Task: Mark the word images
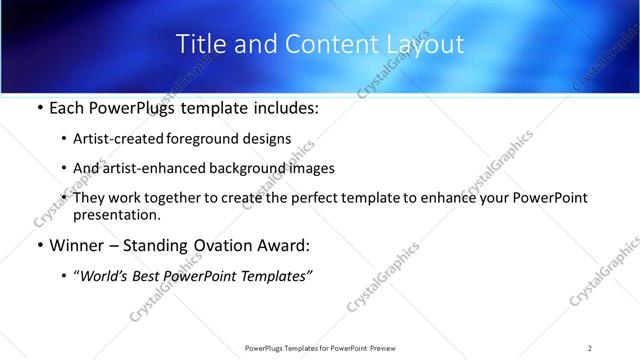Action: (311, 168)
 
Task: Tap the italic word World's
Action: (103, 276)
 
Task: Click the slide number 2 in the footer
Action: (590, 347)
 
